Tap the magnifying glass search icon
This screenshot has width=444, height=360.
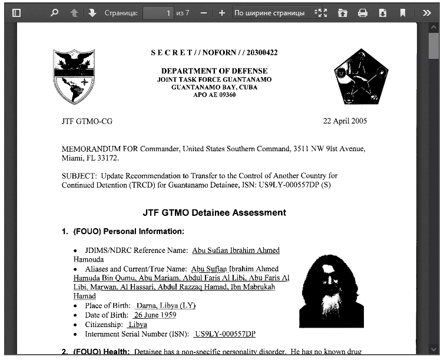tap(55, 12)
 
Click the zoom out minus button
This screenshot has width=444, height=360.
tap(203, 12)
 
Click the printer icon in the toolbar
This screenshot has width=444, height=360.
tap(363, 12)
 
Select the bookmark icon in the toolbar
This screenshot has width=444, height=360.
tap(403, 12)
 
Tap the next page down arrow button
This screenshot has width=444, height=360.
tap(92, 12)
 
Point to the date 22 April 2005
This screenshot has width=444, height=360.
tap(344, 121)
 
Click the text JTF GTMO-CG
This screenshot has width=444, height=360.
tap(87, 121)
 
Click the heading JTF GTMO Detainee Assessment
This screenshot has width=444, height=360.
tap(214, 212)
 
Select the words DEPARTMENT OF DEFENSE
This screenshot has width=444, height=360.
tap(214, 71)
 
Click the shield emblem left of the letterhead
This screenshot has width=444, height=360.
tap(74, 76)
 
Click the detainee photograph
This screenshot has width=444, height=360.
tap(332, 291)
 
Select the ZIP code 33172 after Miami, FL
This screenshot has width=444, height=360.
tap(108, 158)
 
